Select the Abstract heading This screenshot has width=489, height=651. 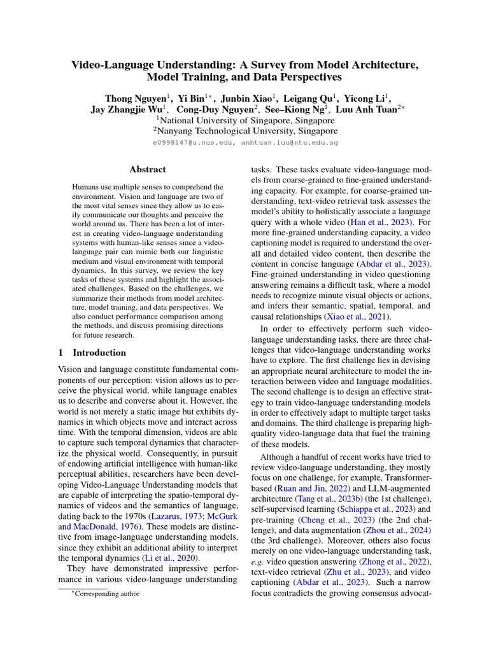(148, 170)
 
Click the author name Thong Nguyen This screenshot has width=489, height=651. (136, 98)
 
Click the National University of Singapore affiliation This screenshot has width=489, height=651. (247, 120)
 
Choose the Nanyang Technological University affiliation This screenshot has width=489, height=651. (247, 131)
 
